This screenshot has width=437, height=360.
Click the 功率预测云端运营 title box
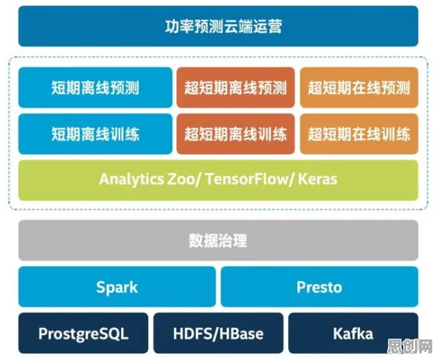coord(218,26)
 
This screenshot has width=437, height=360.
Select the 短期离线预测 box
coord(95,87)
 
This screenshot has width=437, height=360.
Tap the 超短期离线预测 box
coord(235,87)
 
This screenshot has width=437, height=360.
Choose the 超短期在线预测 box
coord(359,87)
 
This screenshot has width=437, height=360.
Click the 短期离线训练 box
coord(95,134)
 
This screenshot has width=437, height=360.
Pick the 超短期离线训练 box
coord(235,134)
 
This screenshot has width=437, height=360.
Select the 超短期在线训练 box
coord(359,134)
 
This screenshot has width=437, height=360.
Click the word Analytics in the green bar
coord(131,180)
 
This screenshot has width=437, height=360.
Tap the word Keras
coord(317,179)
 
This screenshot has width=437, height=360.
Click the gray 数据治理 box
coord(218,240)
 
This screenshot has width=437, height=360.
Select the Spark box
coord(117,287)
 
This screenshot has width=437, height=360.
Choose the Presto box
coord(320,287)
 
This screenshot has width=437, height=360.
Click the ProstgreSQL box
coord(84,334)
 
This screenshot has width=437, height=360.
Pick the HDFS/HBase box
coord(218,334)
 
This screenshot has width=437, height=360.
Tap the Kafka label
coord(353,334)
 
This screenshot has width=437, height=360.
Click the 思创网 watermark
coord(410,346)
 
